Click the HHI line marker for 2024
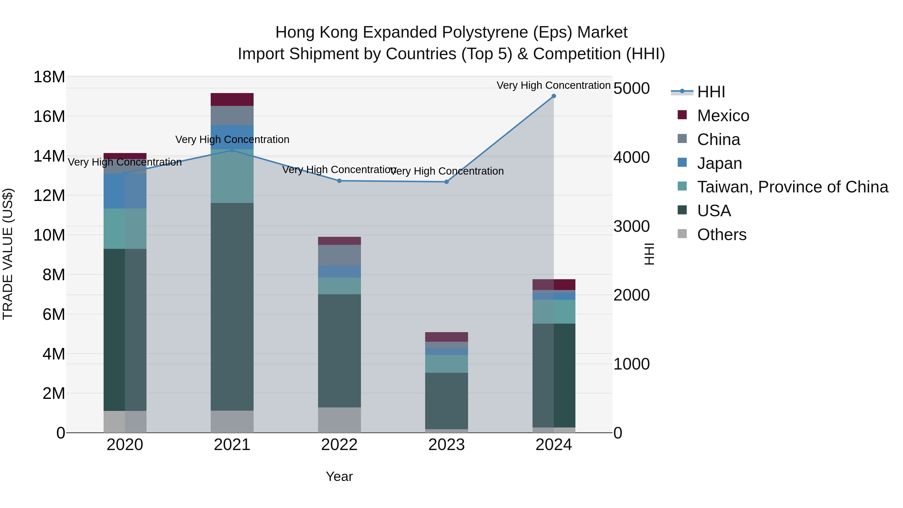pos(554,96)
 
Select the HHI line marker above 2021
pos(232,150)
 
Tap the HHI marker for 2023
pos(446,182)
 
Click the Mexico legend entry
pos(723,116)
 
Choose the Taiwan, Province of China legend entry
pos(792,187)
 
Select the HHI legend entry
pos(711,92)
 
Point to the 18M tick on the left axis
pos(49,77)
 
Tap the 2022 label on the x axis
pos(339,445)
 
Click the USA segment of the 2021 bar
pos(232,307)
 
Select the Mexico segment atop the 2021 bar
pos(232,100)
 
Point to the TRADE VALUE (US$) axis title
pos(8,254)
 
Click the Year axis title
pos(339,476)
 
